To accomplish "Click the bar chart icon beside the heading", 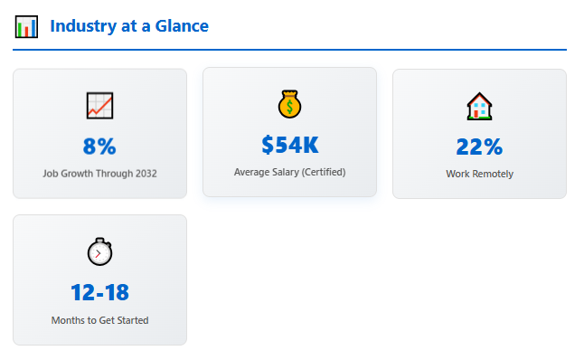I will pyautogui.click(x=26, y=26).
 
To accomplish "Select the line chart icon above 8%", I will pyautogui.click(x=99, y=106).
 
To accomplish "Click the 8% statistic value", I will pyautogui.click(x=99, y=146).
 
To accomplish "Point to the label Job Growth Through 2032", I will pyautogui.click(x=99, y=172).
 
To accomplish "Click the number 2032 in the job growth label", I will pyautogui.click(x=145, y=172).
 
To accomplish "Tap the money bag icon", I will pyautogui.click(x=289, y=104).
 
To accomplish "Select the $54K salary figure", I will pyautogui.click(x=289, y=144).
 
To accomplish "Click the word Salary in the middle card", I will pyautogui.click(x=292, y=171).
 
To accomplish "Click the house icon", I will pyautogui.click(x=479, y=107).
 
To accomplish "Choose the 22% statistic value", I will pyautogui.click(x=479, y=147).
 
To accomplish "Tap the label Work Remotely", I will pyautogui.click(x=479, y=174).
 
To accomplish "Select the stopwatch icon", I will pyautogui.click(x=99, y=251).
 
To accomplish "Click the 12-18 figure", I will pyautogui.click(x=99, y=292).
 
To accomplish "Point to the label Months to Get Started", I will pyautogui.click(x=99, y=319).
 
